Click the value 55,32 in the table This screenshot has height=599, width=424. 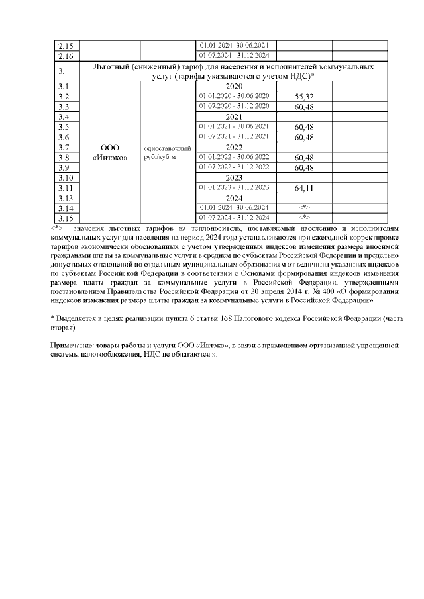[303, 97]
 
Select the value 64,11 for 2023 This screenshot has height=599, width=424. [303, 188]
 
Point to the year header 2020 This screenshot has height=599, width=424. [235, 87]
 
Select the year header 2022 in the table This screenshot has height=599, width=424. [235, 147]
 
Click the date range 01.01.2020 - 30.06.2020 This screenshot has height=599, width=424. [235, 96]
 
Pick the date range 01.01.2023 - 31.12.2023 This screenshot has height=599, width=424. [235, 187]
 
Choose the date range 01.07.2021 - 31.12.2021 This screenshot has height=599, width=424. [235, 136]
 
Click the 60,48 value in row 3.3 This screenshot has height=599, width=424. [303, 107]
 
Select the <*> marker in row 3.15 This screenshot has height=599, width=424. [303, 218]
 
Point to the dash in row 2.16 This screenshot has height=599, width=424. [303, 55]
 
